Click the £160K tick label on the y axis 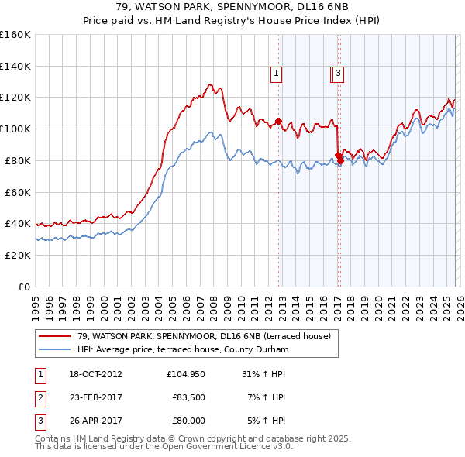(x=15, y=35)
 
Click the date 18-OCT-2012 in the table (x=95, y=374)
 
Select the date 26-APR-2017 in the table (x=95, y=421)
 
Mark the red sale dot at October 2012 (x=278, y=120)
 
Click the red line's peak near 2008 (x=209, y=84)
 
